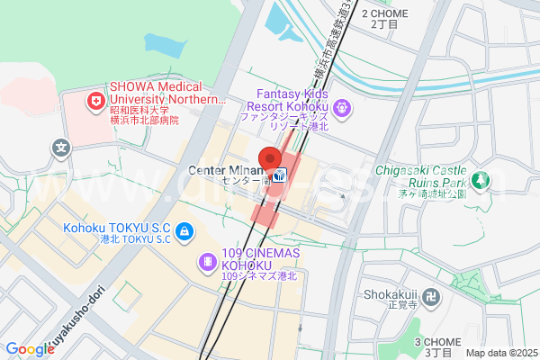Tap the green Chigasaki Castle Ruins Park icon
[x=483, y=180]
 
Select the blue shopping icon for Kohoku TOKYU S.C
[x=184, y=232]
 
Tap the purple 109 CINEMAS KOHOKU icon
[x=208, y=262]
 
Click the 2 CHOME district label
[x=384, y=18]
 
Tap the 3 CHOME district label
[x=437, y=345]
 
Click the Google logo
[x=30, y=349]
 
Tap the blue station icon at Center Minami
[x=281, y=175]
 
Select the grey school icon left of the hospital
[x=60, y=147]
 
